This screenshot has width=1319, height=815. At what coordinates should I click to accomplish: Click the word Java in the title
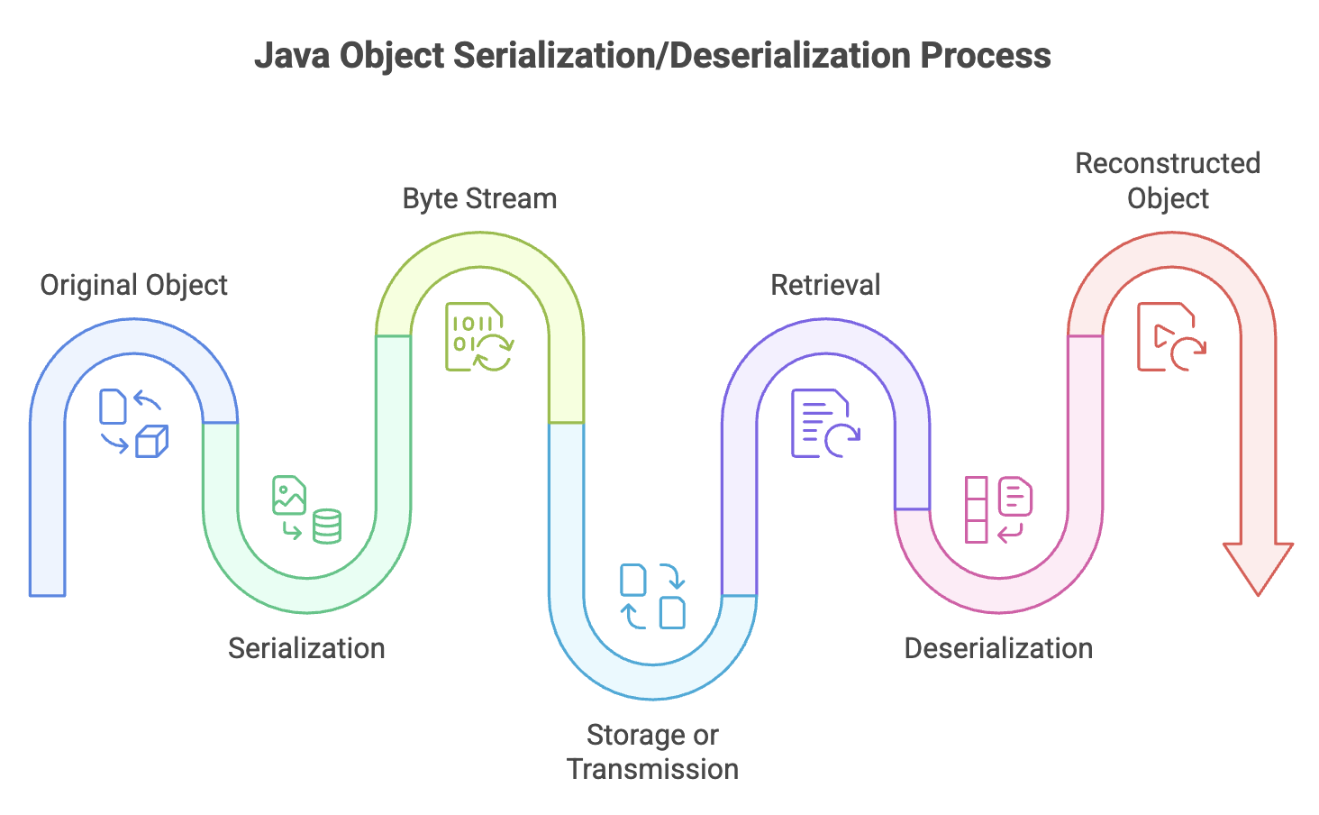[x=292, y=56]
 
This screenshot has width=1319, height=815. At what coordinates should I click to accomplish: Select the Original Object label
[x=133, y=286]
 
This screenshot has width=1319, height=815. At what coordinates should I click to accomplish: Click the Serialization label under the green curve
[x=307, y=648]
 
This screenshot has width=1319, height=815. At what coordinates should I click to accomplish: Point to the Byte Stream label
[x=479, y=199]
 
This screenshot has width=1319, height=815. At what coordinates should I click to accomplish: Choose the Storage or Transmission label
[x=652, y=752]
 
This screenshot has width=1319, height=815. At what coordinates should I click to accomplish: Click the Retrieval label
[x=825, y=285]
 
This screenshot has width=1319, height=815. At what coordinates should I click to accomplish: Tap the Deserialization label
[x=998, y=648]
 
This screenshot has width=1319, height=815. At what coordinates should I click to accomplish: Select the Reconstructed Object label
[x=1168, y=181]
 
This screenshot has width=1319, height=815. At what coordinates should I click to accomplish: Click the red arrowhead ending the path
[x=1259, y=568]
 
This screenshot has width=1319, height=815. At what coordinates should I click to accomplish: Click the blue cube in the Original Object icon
[x=152, y=442]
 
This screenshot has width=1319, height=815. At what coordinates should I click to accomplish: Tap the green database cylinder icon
[x=327, y=527]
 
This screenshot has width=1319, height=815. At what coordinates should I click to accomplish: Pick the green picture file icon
[x=289, y=495]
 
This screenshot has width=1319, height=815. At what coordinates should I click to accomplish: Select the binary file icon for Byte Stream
[x=478, y=337]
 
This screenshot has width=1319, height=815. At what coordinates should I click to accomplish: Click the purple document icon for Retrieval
[x=825, y=423]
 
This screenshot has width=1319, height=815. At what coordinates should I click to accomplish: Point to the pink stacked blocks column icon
[x=977, y=509]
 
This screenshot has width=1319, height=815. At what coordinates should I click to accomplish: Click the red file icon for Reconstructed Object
[x=1171, y=337]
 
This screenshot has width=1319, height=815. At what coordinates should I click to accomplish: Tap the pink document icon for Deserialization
[x=1015, y=496]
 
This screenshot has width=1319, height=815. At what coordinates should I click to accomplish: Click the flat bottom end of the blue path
[x=47, y=596]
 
